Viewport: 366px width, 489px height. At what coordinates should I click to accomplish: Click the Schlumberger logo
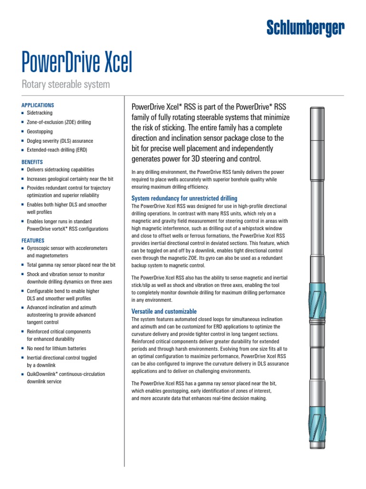(305, 29)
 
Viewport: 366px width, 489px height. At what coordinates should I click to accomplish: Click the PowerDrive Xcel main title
(77, 63)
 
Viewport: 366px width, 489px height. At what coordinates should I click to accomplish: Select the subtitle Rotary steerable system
(66, 85)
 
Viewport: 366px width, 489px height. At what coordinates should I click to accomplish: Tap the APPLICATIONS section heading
(38, 105)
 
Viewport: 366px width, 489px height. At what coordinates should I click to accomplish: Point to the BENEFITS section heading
(32, 162)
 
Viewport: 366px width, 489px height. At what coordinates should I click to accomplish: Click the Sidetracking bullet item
(40, 114)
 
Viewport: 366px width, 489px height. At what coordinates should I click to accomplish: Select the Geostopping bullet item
(40, 132)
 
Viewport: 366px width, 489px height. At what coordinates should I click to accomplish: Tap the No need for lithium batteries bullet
(56, 349)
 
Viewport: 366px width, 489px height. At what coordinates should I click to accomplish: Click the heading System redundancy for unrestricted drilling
(184, 198)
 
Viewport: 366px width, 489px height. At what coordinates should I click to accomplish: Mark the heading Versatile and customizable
(163, 311)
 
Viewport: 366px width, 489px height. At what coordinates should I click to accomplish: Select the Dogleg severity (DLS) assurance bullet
(60, 141)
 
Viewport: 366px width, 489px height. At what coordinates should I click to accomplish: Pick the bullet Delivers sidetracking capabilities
(60, 170)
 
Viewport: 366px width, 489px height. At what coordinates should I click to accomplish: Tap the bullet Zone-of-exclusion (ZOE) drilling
(59, 122)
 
